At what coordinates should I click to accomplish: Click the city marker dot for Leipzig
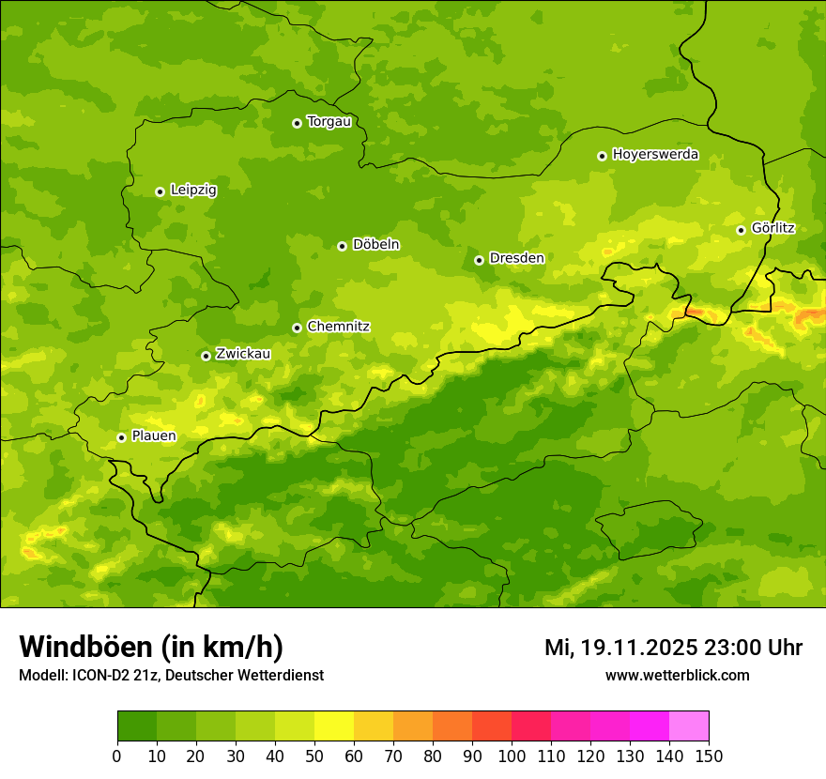(160, 191)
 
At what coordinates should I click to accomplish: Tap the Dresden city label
(516, 258)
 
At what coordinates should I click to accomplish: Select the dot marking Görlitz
(741, 230)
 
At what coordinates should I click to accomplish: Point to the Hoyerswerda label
(655, 154)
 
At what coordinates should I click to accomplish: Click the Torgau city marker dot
(297, 123)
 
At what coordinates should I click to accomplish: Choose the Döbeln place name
(375, 245)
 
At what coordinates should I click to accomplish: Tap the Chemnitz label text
(338, 327)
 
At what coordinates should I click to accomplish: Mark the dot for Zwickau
(206, 356)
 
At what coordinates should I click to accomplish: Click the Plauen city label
(154, 435)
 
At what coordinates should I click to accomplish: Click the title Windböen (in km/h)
(151, 647)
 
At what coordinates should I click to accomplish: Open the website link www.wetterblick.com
(677, 675)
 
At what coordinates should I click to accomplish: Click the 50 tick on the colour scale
(314, 756)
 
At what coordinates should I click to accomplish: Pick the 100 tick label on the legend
(512, 756)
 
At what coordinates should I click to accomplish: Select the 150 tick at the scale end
(708, 756)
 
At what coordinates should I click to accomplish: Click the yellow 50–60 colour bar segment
(334, 726)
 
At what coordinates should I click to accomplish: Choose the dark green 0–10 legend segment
(137, 726)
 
